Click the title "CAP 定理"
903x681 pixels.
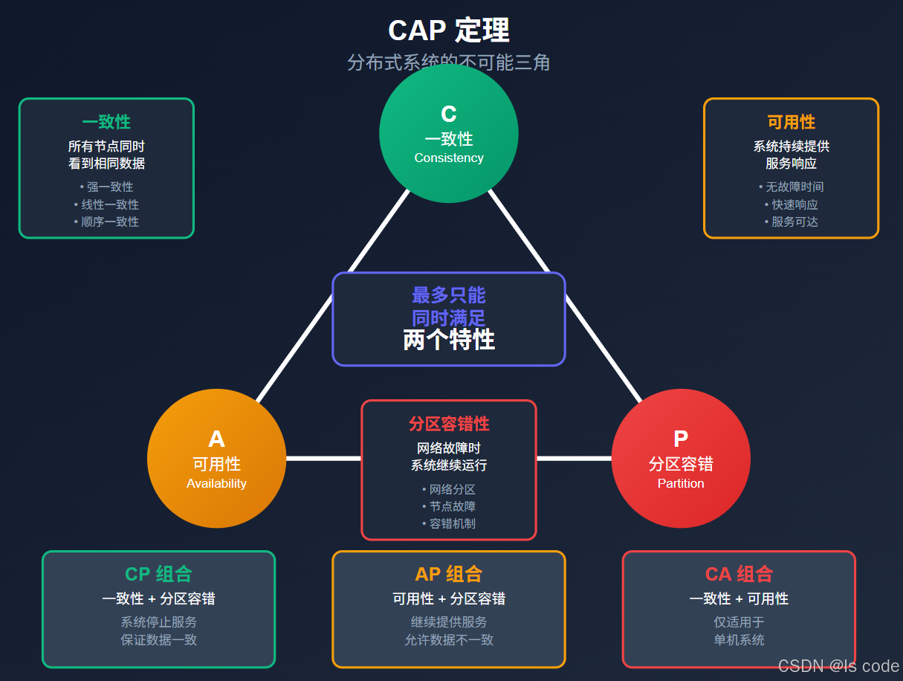[448, 30]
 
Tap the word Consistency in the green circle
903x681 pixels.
[449, 158]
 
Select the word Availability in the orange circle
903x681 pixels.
[216, 483]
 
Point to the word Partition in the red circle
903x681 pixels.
[681, 483]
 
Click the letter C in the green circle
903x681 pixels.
[449, 114]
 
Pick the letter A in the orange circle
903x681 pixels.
[216, 439]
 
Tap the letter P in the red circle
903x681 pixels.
[681, 439]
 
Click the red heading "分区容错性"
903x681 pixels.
[449, 424]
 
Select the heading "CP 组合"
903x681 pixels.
[158, 574]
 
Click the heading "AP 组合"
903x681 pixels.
[449, 574]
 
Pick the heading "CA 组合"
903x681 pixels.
[739, 574]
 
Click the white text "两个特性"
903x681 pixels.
[449, 340]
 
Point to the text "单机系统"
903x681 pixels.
[739, 639]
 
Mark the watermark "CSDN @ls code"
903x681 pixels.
[838, 666]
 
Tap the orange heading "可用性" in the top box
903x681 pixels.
[791, 122]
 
